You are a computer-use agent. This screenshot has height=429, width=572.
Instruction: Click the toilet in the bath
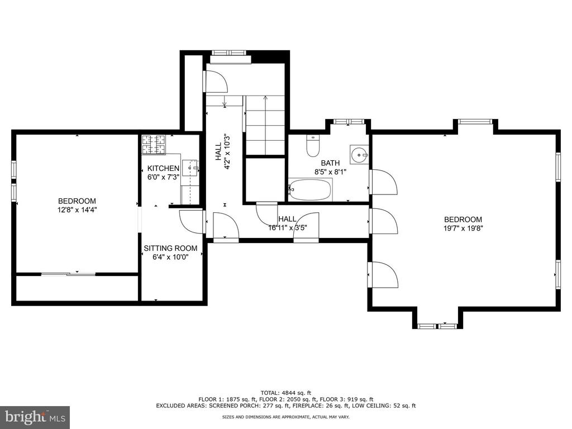tap(313, 146)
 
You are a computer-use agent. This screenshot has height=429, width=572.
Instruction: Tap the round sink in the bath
tap(359, 155)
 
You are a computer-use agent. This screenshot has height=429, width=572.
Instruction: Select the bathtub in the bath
tap(311, 189)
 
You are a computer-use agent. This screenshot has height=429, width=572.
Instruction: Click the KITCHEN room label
tap(163, 168)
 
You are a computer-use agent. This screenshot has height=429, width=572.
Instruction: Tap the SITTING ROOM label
tap(170, 248)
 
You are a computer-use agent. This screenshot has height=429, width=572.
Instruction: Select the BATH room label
tap(330, 163)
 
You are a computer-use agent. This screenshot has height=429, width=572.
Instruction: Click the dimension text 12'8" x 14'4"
tap(77, 210)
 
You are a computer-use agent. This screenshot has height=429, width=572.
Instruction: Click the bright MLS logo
tap(35, 416)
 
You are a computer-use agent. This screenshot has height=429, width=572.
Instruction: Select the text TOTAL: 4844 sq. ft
tap(285, 393)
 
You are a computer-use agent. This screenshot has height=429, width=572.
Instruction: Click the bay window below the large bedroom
tap(437, 326)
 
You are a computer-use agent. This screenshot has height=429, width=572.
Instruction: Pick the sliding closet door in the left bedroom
tap(68, 274)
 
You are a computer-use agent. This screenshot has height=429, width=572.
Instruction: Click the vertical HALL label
tap(218, 151)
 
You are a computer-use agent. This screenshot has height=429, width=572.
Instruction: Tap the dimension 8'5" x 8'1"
tap(330, 171)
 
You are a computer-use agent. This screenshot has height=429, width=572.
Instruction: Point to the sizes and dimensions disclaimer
tap(285, 417)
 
